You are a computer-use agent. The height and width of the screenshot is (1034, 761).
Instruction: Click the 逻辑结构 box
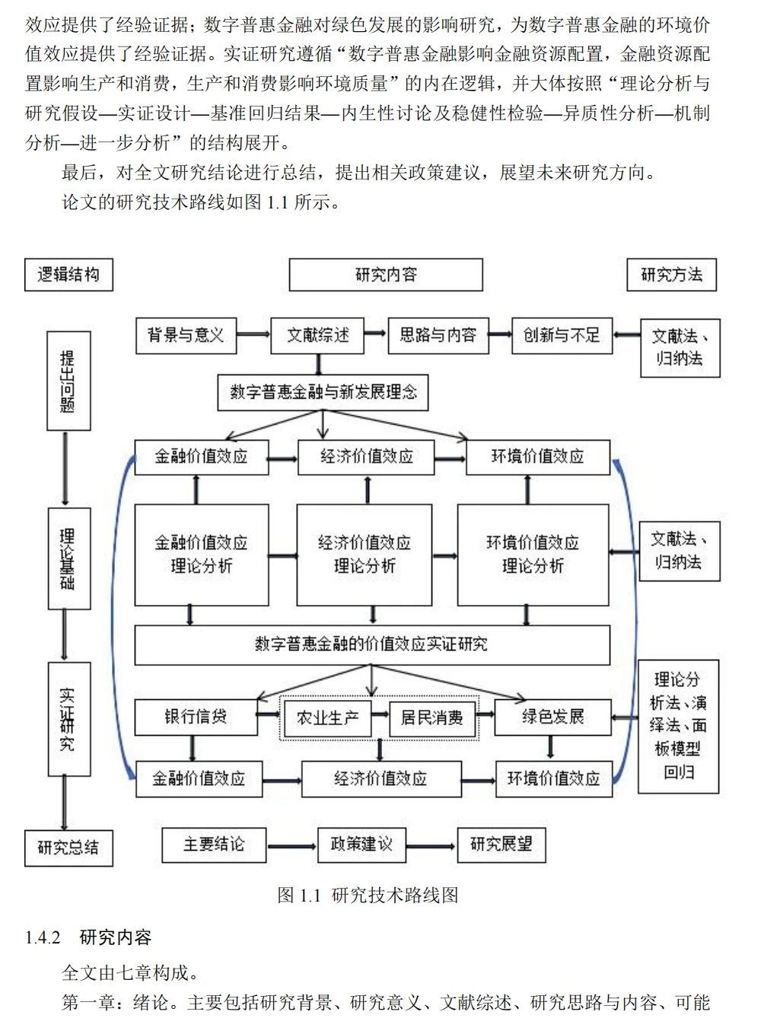pos(68,275)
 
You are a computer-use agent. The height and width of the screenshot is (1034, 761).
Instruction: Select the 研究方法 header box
pos(671,275)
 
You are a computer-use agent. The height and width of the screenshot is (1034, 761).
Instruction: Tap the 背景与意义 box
pos(186,336)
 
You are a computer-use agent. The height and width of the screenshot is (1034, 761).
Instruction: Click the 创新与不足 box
pos(562,336)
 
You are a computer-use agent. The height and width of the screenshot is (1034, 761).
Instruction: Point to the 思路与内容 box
pos(438,336)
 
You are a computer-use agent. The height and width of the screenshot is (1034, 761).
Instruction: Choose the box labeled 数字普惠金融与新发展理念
pos(323,393)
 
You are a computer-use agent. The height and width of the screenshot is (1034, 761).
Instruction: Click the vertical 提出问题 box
pos(68,380)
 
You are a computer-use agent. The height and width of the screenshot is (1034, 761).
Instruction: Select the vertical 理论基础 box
pos(68,559)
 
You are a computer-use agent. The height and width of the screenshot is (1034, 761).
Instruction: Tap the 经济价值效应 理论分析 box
pos(365,554)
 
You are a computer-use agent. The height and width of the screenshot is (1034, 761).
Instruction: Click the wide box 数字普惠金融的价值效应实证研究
pos(371,644)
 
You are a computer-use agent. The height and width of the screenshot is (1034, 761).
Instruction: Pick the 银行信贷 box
pos(196,717)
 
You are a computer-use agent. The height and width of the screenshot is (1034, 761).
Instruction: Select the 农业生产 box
pos(327,717)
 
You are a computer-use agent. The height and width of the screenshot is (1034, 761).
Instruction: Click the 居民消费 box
pos(431,717)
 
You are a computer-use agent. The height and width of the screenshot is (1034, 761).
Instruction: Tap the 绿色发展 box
pos(552,717)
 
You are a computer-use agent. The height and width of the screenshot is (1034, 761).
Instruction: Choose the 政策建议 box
pos(361,845)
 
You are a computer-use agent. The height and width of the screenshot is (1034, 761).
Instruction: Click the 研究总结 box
pos(68,848)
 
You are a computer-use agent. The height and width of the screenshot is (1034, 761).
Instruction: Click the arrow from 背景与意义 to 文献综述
pos(253,335)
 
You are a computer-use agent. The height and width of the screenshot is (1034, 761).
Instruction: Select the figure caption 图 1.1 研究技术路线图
pos(368,895)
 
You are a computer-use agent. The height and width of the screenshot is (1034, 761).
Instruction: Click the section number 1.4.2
pos(43,937)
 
